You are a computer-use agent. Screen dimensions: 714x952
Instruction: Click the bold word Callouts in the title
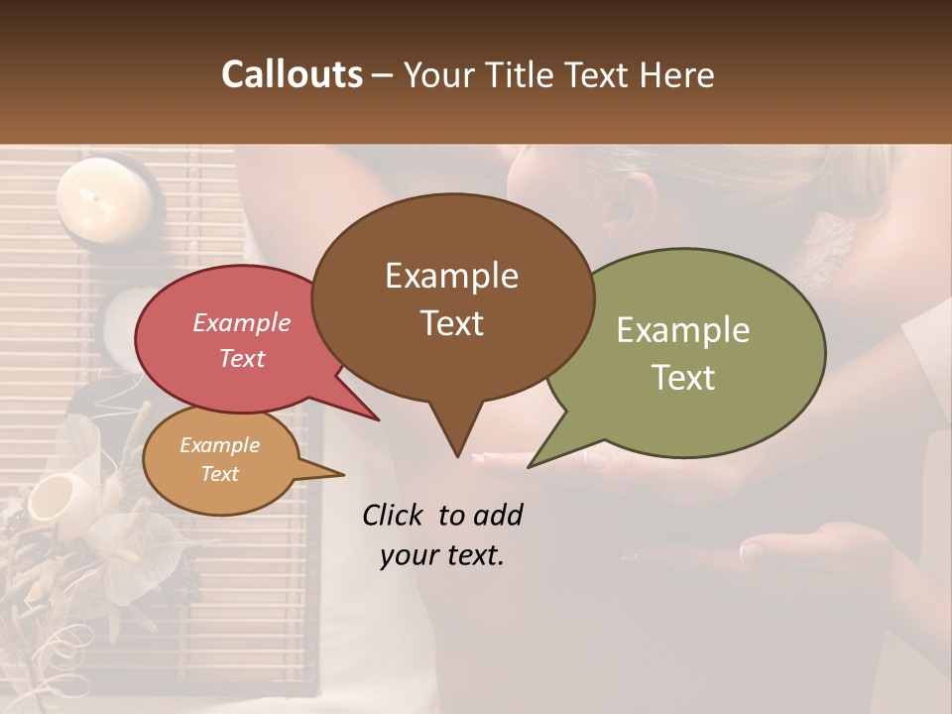tap(292, 74)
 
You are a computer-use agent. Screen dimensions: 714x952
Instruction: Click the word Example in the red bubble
tap(241, 322)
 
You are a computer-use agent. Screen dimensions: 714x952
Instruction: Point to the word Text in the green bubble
tap(683, 378)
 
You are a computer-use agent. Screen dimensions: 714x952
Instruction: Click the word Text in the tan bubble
tap(220, 474)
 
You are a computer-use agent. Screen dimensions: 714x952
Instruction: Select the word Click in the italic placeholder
tap(395, 515)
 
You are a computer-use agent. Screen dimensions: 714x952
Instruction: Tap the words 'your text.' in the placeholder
tap(442, 555)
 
